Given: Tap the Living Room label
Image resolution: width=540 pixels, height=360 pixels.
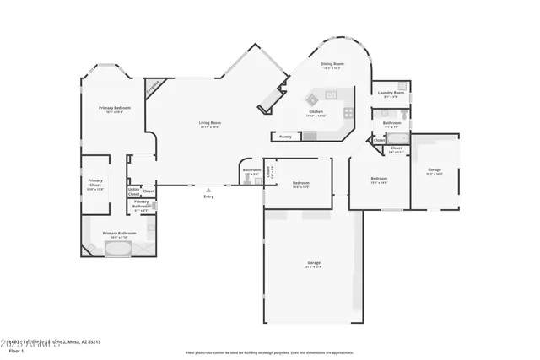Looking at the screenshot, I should point(209,126).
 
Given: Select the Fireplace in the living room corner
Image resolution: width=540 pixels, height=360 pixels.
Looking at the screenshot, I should point(153,87).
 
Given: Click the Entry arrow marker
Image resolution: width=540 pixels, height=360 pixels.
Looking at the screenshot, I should point(208,191).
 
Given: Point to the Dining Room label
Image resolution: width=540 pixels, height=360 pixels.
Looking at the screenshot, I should point(332,65).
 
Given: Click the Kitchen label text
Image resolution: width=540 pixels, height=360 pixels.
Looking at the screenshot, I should point(315,112).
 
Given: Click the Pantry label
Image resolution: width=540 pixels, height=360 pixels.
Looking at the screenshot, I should point(285,136).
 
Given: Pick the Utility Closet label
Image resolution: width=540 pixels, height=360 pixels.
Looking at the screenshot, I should point(133,192).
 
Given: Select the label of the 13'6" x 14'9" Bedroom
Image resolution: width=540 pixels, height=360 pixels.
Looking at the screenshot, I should point(379,180).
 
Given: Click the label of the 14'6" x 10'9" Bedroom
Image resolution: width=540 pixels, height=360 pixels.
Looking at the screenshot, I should point(301,185).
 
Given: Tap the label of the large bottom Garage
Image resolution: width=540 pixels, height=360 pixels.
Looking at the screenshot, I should point(313,265).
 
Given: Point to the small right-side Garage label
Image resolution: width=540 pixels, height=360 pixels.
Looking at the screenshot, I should point(435,171).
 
